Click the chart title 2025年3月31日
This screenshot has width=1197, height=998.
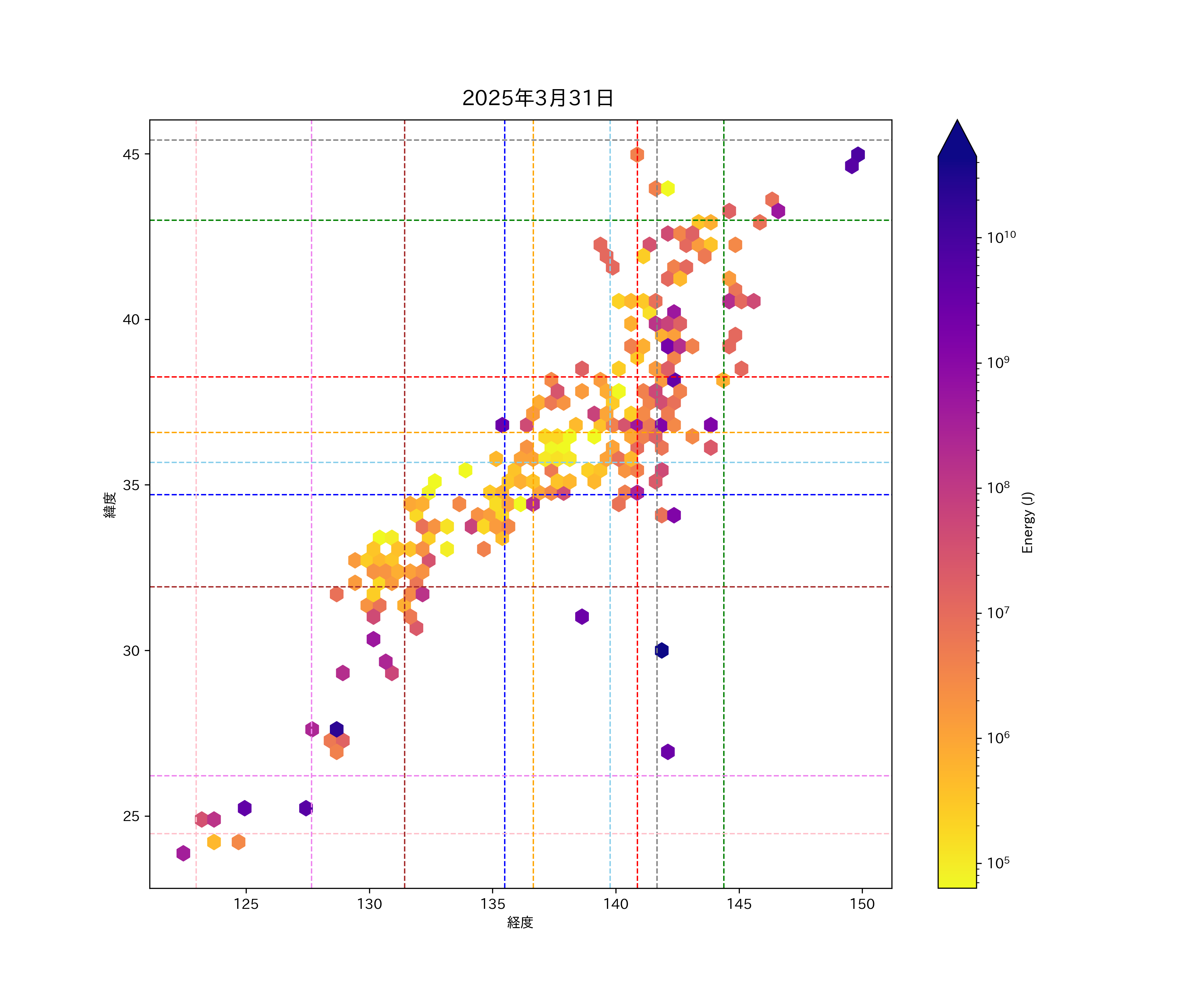(x=538, y=98)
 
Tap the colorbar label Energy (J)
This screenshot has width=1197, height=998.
(x=1027, y=522)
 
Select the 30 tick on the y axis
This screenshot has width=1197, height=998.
(x=131, y=651)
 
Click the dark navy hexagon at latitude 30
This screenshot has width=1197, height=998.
(x=661, y=650)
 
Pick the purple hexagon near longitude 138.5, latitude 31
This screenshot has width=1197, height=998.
(x=582, y=616)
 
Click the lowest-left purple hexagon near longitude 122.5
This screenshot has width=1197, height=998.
(x=183, y=853)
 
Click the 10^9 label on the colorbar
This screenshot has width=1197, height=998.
(x=998, y=363)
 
